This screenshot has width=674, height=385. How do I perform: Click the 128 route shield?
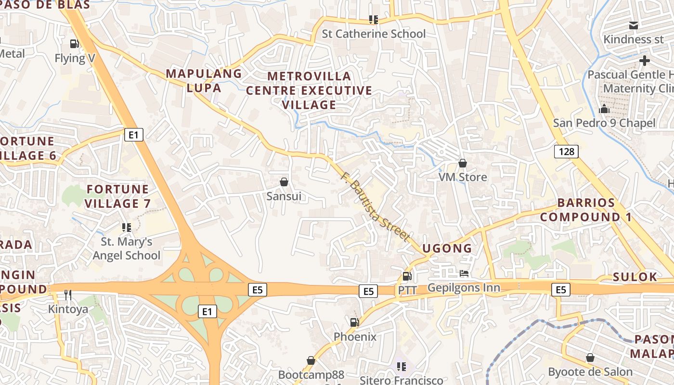pyautogui.click(x=567, y=152)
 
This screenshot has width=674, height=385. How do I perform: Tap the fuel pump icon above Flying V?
pyautogui.click(x=74, y=44)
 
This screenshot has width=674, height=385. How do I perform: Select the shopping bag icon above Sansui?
pyautogui.click(x=284, y=182)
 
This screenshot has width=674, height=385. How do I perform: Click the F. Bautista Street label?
pyautogui.click(x=375, y=206)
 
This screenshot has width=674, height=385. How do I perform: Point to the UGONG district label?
pyautogui.click(x=447, y=248)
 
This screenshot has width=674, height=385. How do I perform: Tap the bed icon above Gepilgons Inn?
pyautogui.click(x=464, y=273)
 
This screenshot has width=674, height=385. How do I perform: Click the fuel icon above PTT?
pyautogui.click(x=407, y=276)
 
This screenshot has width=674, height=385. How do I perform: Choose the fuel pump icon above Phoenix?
pyautogui.click(x=354, y=322)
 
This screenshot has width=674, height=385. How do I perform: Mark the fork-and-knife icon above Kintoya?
pyautogui.click(x=68, y=295)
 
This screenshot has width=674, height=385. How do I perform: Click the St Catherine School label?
pyautogui.click(x=374, y=34)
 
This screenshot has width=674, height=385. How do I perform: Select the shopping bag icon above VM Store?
pyautogui.click(x=463, y=163)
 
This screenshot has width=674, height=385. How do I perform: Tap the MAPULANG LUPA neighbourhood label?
pyautogui.click(x=204, y=81)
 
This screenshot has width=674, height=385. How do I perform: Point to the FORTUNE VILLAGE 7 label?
pyautogui.click(x=118, y=196)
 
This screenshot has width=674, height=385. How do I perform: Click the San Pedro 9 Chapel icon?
pyautogui.click(x=604, y=109)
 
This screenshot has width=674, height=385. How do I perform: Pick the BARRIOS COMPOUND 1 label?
pyautogui.click(x=586, y=210)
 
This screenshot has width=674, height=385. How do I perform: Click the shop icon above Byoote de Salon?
pyautogui.click(x=590, y=358)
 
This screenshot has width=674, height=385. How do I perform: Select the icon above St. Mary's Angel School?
pyautogui.click(x=127, y=227)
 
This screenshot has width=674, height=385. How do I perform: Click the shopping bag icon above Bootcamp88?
pyautogui.click(x=311, y=360)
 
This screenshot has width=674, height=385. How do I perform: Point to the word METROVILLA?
pyautogui.click(x=309, y=76)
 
